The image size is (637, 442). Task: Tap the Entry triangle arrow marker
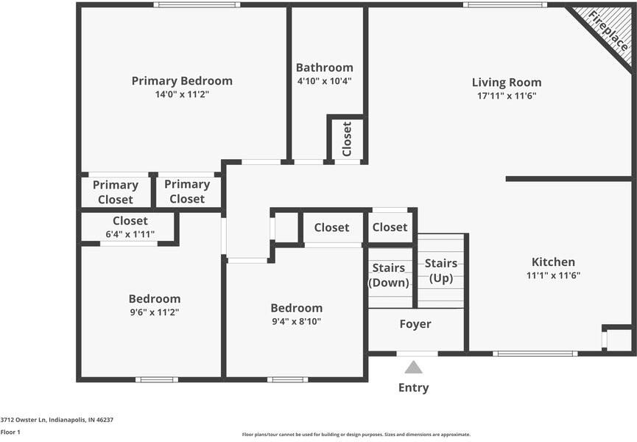coord(414,367)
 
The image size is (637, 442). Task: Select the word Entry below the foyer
coord(414,387)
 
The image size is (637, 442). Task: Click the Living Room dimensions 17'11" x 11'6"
coord(506,96)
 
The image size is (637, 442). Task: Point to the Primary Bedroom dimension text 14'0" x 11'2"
coord(182,94)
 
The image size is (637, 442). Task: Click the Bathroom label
coord(324,67)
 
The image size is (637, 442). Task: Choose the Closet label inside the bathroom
coord(347,138)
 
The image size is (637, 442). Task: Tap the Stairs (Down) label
coord(390,275)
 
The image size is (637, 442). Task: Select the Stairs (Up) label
coord(440,270)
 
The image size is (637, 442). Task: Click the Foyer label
coord(415,324)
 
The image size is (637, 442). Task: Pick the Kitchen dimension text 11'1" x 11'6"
coord(553,275)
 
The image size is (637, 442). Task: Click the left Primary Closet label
coord(116,192)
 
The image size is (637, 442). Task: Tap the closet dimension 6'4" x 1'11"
coord(130,234)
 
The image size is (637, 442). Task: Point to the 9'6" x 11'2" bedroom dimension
coord(155,312)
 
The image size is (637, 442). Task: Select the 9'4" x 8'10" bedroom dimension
coord(296,321)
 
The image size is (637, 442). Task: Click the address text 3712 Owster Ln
coord(57,419)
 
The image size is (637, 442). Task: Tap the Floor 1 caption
coord(10,432)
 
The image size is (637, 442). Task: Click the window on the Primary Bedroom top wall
coord(197,4)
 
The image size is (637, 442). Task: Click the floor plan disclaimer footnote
coord(356,435)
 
